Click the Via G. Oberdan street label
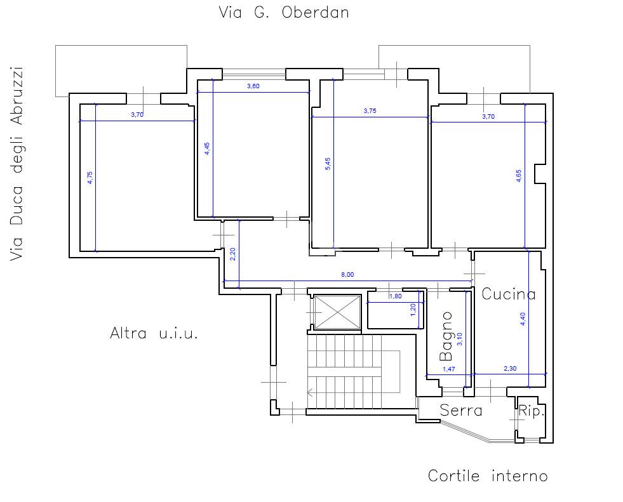(x=284, y=12)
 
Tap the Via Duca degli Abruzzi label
(x=17, y=164)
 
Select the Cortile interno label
(x=488, y=475)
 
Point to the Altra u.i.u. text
(x=154, y=333)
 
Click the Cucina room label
(x=509, y=294)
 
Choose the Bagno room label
(x=446, y=336)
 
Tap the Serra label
(x=461, y=410)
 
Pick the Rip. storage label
(x=532, y=411)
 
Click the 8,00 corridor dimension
(x=347, y=274)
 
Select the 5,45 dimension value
(x=328, y=164)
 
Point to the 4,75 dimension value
(x=90, y=178)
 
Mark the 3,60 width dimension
(x=253, y=86)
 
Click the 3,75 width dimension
(x=370, y=111)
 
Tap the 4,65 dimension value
(x=518, y=176)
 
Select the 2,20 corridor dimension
(x=233, y=254)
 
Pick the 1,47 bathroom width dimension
(x=448, y=369)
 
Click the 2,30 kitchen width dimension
(x=510, y=368)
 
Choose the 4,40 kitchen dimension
(x=523, y=319)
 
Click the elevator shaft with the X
(x=337, y=312)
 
